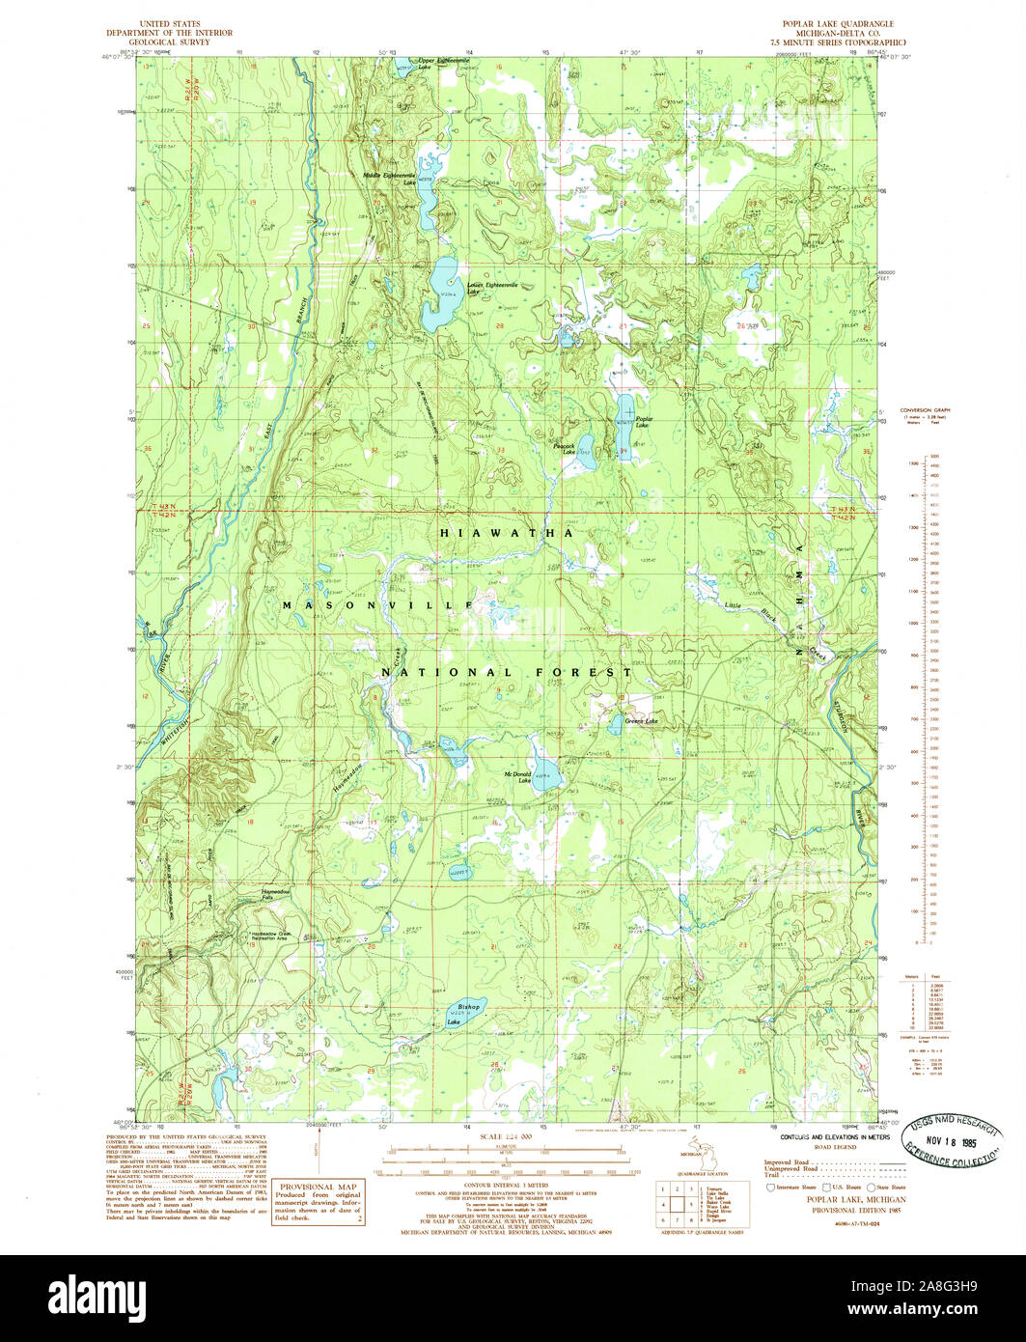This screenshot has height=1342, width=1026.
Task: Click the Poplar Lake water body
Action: pos(624,425)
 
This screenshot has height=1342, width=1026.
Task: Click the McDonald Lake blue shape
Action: pos(546,772)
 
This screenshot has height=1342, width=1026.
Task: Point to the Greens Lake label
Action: pos(640,721)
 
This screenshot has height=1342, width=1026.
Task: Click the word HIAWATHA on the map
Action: pos(507,533)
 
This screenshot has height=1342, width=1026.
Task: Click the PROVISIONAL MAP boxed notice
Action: pos(319,1202)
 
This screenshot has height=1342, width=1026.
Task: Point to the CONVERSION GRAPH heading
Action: pos(925,410)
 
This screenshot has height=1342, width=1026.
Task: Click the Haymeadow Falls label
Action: pos(278,895)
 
